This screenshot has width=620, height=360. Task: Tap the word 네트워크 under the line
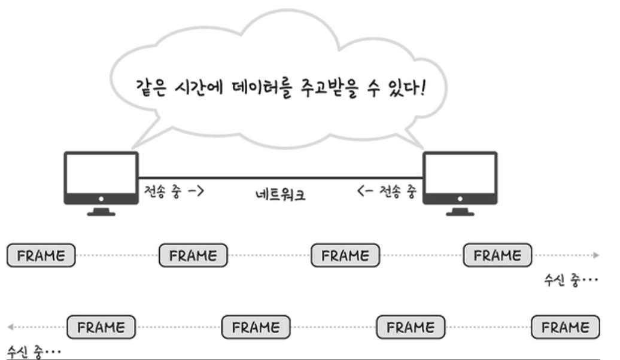point(280,194)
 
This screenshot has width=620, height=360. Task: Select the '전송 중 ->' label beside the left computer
point(174,191)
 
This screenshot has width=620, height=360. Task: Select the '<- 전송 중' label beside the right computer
point(387,191)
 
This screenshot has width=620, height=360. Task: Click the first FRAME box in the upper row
point(41,255)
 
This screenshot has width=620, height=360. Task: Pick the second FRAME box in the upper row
point(193,255)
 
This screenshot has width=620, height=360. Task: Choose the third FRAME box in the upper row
point(345,255)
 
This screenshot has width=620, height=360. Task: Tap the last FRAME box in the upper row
point(497,255)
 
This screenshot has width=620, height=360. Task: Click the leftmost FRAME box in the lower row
point(101,327)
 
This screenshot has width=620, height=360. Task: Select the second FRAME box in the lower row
point(256,327)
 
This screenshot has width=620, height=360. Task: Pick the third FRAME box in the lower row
point(411,327)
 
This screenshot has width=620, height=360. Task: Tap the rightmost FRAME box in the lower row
point(566,327)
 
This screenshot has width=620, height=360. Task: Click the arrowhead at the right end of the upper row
point(597,255)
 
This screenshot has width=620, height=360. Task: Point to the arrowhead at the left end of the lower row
point(10,327)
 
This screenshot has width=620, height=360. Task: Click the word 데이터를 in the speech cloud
point(262,88)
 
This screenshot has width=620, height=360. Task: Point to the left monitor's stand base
point(101,214)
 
